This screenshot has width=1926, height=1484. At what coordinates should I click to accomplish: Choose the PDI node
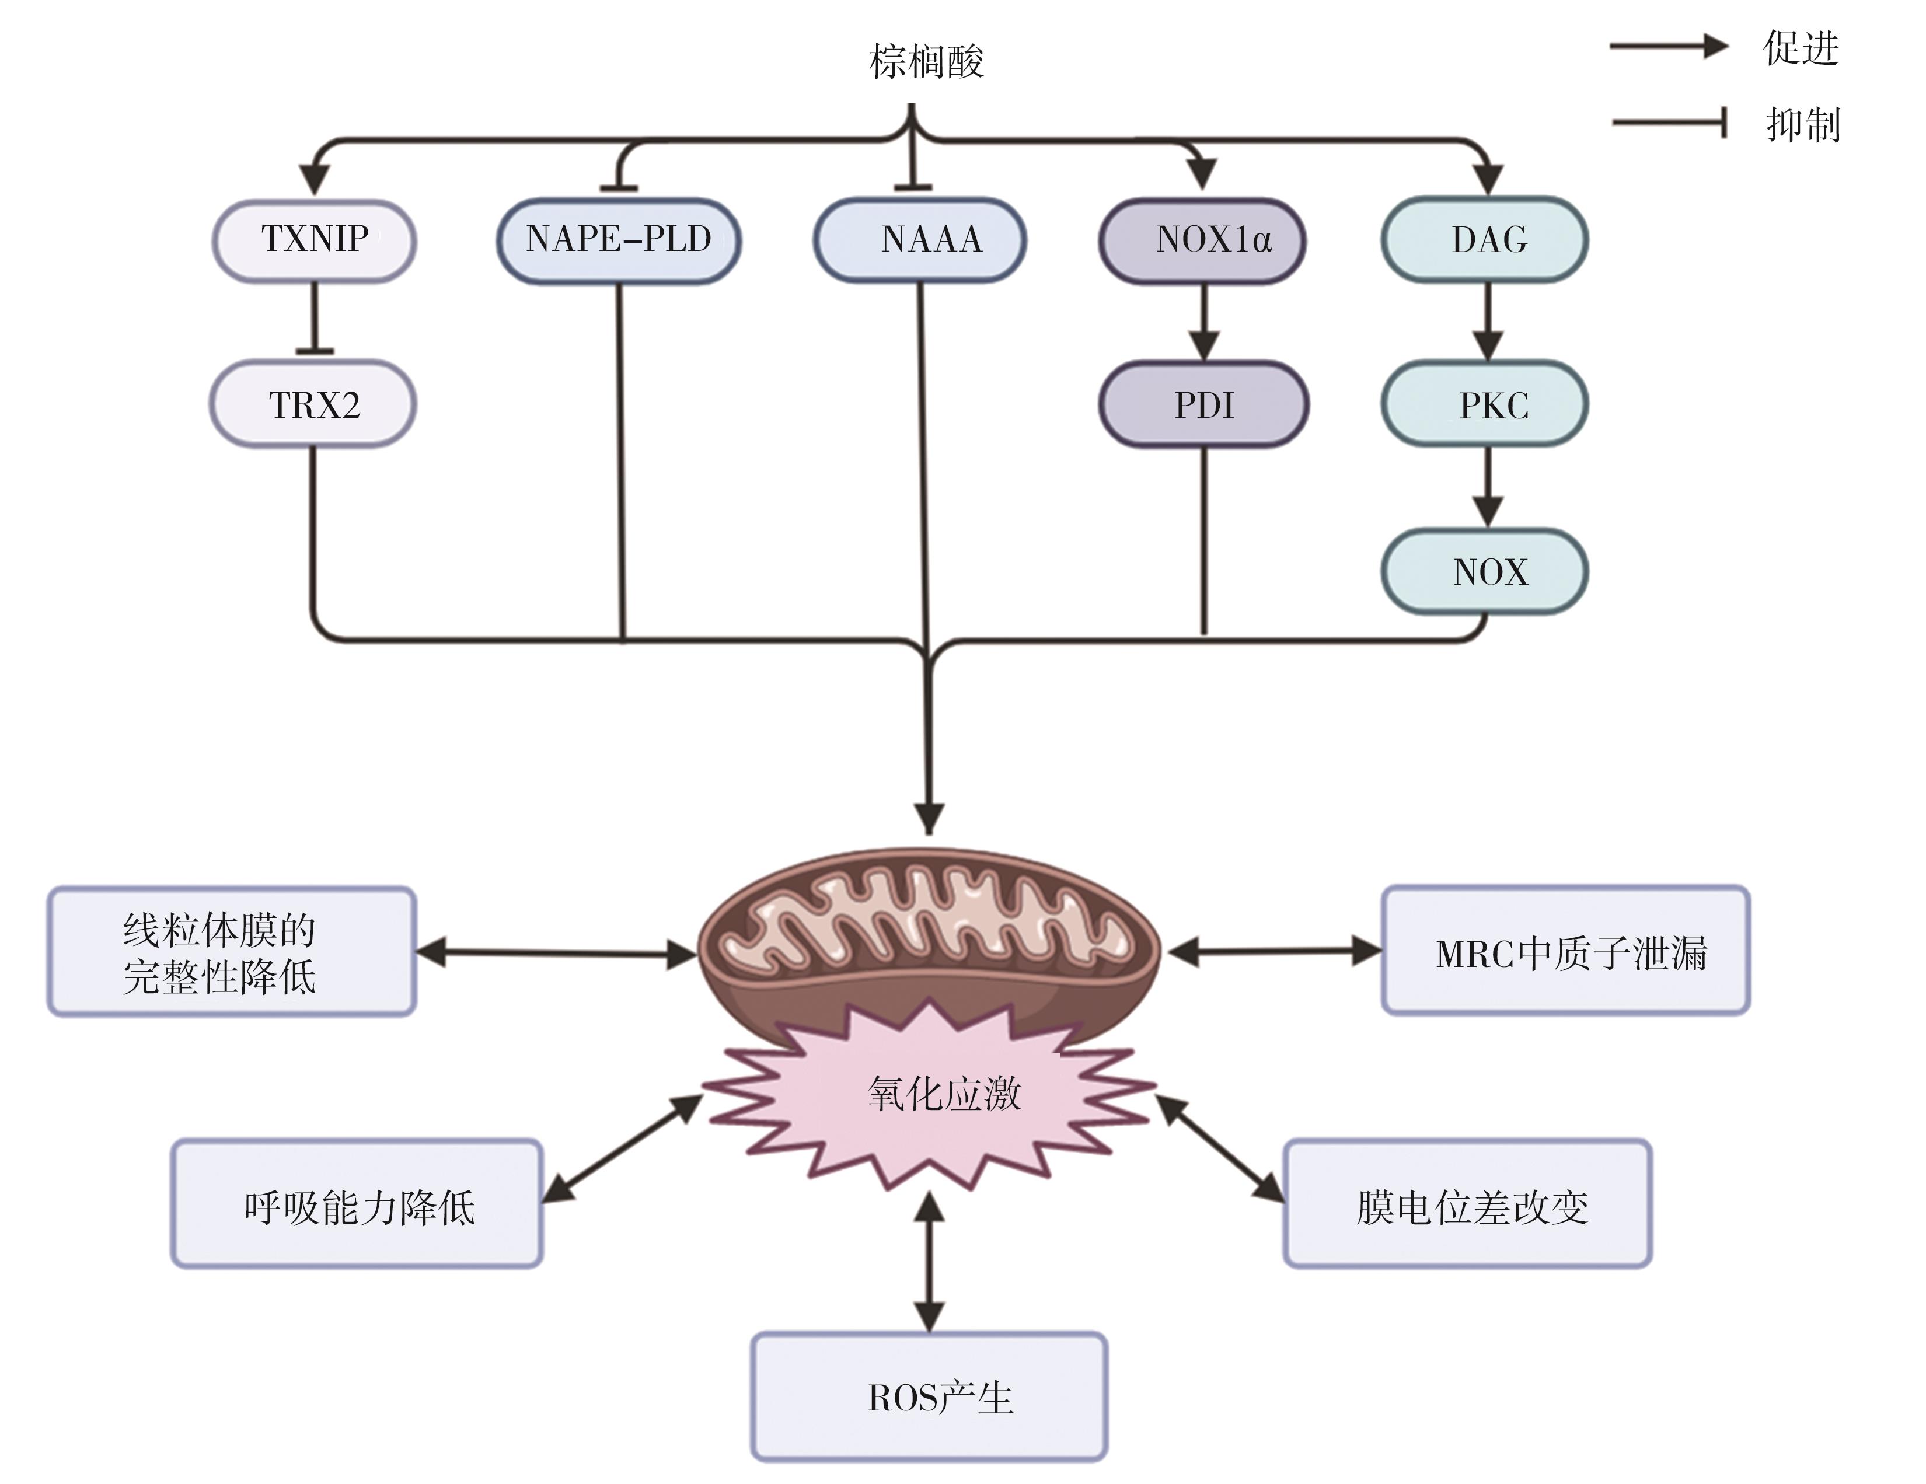[x=1203, y=405]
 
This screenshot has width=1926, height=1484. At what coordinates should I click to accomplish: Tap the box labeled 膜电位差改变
[x=1467, y=1204]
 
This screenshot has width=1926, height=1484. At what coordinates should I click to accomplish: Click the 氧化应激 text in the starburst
[x=944, y=1094]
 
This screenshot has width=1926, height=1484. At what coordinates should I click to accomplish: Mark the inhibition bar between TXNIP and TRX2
[x=315, y=350]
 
